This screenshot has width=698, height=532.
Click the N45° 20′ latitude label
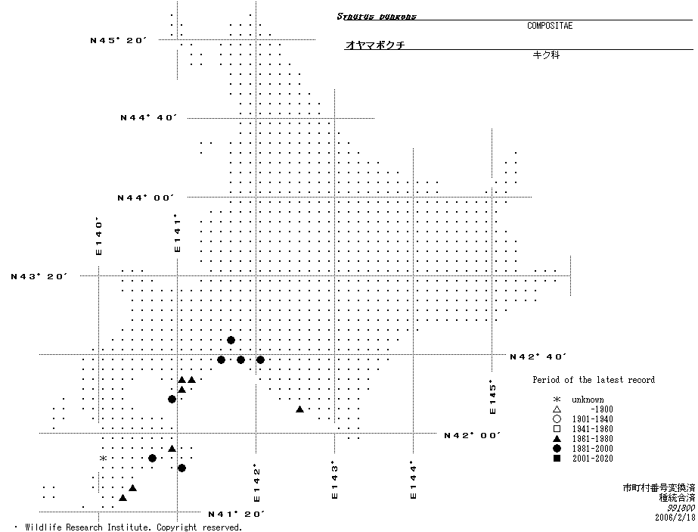pos(117,40)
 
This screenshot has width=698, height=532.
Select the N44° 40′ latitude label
pos(148,118)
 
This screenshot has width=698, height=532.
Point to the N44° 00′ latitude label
pos(146,198)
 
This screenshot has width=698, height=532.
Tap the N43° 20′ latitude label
pos(39,276)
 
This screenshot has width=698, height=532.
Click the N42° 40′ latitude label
pos(538,356)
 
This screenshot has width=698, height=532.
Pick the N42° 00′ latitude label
pos(473,435)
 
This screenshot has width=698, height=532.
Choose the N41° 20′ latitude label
pos(236,514)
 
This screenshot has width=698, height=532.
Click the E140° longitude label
pos(98,237)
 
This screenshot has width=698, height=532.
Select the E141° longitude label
pos(178,233)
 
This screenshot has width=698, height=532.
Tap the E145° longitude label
pos(492,397)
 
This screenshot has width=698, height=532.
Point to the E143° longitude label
pos(333,481)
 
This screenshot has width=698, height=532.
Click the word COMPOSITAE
pos(550,26)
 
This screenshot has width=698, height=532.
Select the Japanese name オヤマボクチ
pos(375,45)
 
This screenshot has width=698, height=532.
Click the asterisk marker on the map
pos(103,459)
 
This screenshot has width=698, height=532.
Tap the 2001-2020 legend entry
pos(592,459)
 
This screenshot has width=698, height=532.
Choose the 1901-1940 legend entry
pos(592,419)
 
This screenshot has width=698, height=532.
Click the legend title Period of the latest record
pos(594,380)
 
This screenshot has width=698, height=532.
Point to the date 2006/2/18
pos(675,518)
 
